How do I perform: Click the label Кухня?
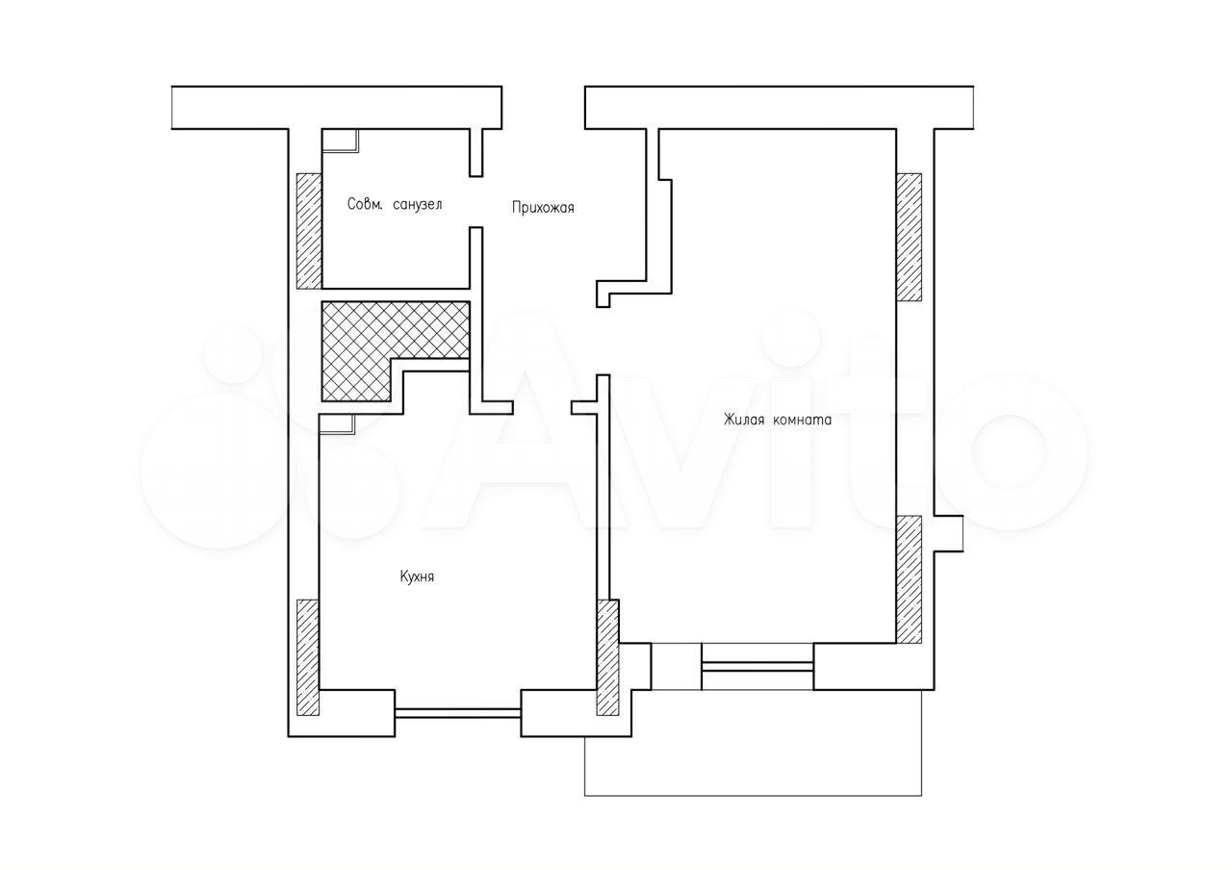pyautogui.click(x=417, y=576)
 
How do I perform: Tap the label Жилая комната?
pyautogui.click(x=777, y=421)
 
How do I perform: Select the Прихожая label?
pyautogui.click(x=543, y=208)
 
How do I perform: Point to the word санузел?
pyautogui.click(x=418, y=205)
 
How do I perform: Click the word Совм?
pyautogui.click(x=364, y=204)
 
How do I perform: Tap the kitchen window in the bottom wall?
pyautogui.click(x=457, y=713)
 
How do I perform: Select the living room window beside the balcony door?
pyautogui.click(x=757, y=667)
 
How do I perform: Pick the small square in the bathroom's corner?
pyautogui.click(x=340, y=141)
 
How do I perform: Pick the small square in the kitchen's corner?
pyautogui.click(x=337, y=425)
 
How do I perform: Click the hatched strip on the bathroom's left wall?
pyautogui.click(x=309, y=231)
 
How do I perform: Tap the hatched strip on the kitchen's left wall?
pyautogui.click(x=308, y=657)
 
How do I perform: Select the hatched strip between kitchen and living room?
pyautogui.click(x=608, y=657)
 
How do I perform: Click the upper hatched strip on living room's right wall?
pyautogui.click(x=910, y=237)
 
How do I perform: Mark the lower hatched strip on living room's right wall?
pyautogui.click(x=910, y=579)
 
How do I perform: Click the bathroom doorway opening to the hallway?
pyautogui.click(x=476, y=202)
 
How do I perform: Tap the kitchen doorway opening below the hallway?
pyautogui.click(x=542, y=407)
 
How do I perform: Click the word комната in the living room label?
pyautogui.click(x=803, y=421)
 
